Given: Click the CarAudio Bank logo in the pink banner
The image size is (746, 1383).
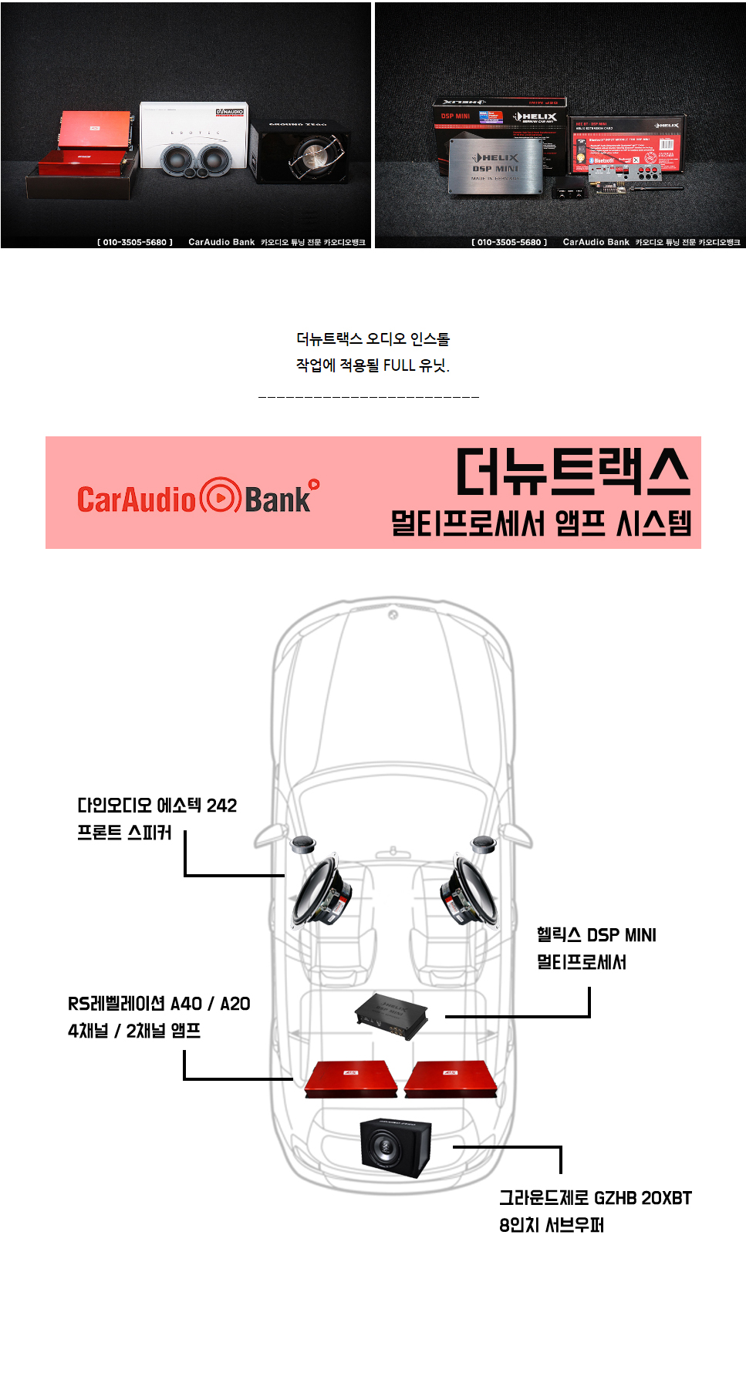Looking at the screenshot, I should coord(197,497).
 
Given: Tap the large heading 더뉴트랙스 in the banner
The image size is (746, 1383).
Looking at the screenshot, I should coord(572,471).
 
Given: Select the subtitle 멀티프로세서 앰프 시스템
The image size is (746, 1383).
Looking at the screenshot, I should coord(541,523).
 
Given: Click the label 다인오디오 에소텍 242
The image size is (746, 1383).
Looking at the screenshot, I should coord(157,806).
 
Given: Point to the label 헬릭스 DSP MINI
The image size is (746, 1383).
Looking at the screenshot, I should coord(596,935).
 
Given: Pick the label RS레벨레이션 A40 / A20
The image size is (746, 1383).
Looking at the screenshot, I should coord(159,1004).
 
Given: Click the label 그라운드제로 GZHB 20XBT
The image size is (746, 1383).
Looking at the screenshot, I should coord(595,1198).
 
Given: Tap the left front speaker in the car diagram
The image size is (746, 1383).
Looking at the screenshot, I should coord(322,890).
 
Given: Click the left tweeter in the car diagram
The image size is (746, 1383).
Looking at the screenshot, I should coord(302,843).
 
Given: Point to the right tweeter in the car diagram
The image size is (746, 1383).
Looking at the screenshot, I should coord(483,842).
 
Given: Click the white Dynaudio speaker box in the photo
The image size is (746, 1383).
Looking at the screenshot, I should coord(194,140).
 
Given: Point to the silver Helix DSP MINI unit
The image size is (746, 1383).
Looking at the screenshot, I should coord(495,167).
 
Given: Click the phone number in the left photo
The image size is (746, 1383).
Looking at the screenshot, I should coord(135,242).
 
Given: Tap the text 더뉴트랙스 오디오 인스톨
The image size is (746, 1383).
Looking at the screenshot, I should coord(373,339).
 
